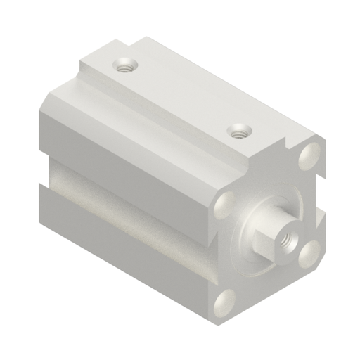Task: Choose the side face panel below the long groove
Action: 127,246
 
